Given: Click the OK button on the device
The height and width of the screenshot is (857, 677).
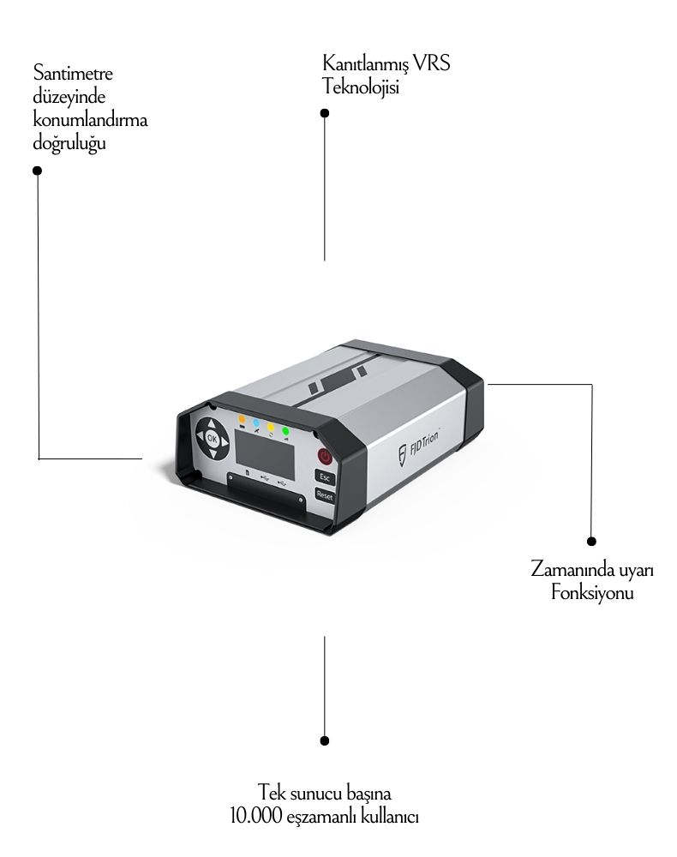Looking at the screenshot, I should (x=213, y=439).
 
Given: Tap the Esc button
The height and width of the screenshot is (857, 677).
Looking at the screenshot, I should (x=325, y=476).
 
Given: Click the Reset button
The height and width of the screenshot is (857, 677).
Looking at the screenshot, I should (x=325, y=494).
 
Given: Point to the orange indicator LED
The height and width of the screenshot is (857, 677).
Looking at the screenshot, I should (x=243, y=420).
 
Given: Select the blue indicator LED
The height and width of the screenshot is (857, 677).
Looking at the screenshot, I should (x=256, y=423).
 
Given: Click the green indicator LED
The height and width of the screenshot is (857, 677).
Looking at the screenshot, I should (x=285, y=429).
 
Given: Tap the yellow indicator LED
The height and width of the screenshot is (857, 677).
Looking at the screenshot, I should (x=271, y=426).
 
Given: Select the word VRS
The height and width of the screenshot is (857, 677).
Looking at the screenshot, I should (x=432, y=64).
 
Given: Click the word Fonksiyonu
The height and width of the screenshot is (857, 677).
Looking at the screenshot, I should (x=592, y=593).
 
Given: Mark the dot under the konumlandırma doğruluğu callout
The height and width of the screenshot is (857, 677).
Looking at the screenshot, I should (x=38, y=171).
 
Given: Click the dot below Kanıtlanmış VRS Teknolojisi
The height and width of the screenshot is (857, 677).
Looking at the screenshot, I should (x=324, y=112).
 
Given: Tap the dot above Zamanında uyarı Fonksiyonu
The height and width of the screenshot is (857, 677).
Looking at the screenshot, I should (x=591, y=542).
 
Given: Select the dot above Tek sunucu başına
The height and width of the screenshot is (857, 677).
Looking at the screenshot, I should (x=324, y=740).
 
